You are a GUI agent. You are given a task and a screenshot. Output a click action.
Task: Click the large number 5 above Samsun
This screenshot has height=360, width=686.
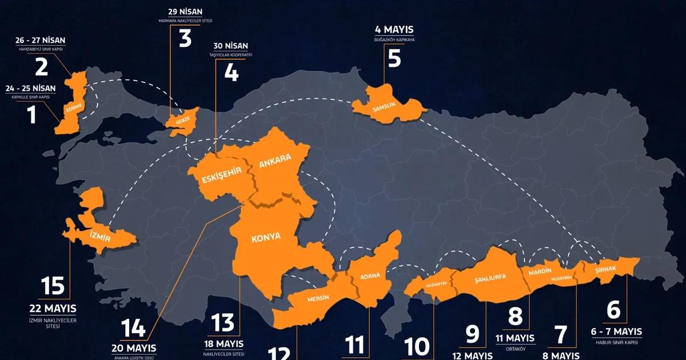pyautogui.click(x=394, y=58)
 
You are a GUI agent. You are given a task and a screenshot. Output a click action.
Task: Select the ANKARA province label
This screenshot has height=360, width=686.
pyautogui.click(x=275, y=161)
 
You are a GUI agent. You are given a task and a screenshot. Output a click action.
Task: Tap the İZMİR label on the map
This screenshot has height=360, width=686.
pyautogui.click(x=99, y=235)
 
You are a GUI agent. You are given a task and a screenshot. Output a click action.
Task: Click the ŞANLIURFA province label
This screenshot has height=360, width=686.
pyautogui.click(x=490, y=278)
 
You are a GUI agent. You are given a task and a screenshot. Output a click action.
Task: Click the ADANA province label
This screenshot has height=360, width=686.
pyautogui.click(x=369, y=277)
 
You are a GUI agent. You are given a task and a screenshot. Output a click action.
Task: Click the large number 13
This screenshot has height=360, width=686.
pyautogui.click(x=223, y=323)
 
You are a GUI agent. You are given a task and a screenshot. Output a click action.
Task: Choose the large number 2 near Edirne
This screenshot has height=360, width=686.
pyautogui.click(x=42, y=67)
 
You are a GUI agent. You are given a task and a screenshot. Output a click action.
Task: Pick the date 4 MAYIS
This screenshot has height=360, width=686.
pyautogui.click(x=394, y=30)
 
